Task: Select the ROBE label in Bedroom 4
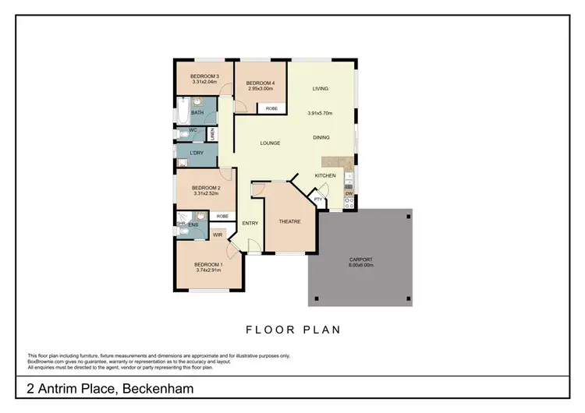271,108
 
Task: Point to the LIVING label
321,89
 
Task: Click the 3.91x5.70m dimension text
321,113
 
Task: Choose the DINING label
321,137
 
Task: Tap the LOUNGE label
270,143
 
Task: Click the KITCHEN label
325,175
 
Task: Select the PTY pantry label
317,199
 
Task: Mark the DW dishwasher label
349,193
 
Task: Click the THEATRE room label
289,221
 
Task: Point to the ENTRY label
250,224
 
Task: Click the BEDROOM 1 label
208,264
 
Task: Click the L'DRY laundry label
197,153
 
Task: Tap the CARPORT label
360,259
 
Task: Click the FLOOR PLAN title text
292,330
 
